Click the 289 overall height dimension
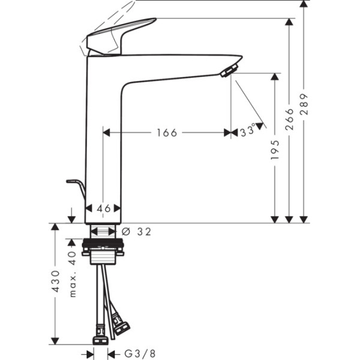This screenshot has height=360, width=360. [x=304, y=104]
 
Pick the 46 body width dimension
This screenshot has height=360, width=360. [x=104, y=208]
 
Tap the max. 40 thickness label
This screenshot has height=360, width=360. [x=72, y=274]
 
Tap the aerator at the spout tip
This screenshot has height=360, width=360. [x=228, y=72]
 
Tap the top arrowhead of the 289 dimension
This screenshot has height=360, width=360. [x=304, y=5]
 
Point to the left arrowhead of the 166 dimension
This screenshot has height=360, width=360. [x=107, y=133]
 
